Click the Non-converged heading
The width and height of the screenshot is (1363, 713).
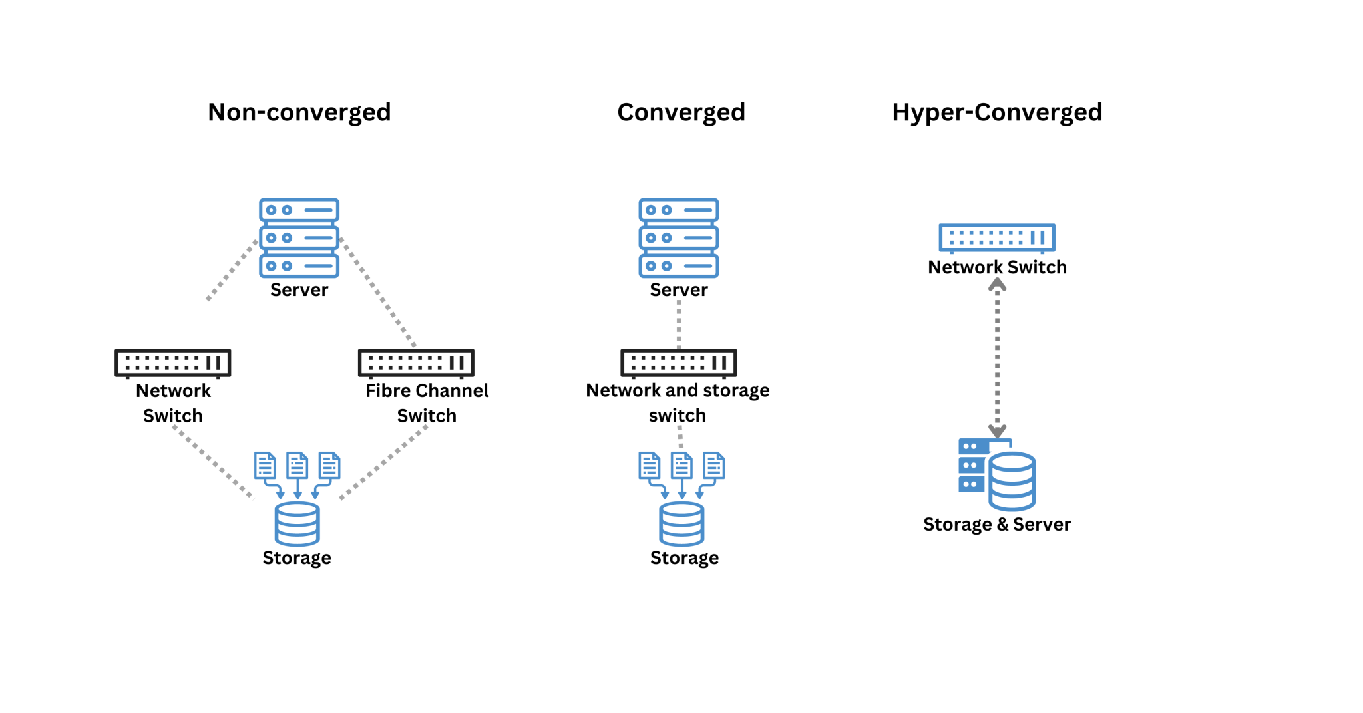click(299, 112)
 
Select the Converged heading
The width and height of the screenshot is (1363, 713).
click(681, 112)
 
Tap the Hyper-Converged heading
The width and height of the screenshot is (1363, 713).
click(997, 112)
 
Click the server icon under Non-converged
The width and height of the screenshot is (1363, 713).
click(299, 237)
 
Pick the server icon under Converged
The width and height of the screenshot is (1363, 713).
click(678, 237)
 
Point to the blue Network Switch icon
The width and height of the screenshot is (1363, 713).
click(996, 237)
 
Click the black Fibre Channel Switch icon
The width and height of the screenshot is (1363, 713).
click(416, 362)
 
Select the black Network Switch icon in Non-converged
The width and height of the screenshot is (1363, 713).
click(172, 362)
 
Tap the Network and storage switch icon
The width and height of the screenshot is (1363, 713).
click(678, 362)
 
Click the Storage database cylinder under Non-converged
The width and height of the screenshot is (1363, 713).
click(297, 524)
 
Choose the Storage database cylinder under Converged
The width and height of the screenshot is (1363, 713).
click(681, 524)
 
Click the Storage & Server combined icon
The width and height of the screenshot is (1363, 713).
click(996, 474)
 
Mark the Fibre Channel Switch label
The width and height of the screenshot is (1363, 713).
click(427, 402)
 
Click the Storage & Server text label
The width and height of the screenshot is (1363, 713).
click(996, 524)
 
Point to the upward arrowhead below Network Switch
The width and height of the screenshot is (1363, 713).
click(997, 285)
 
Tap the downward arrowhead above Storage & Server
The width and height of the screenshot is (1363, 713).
click(997, 431)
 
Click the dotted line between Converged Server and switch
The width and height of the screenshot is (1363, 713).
click(679, 325)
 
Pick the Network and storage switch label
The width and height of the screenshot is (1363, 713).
click(678, 402)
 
